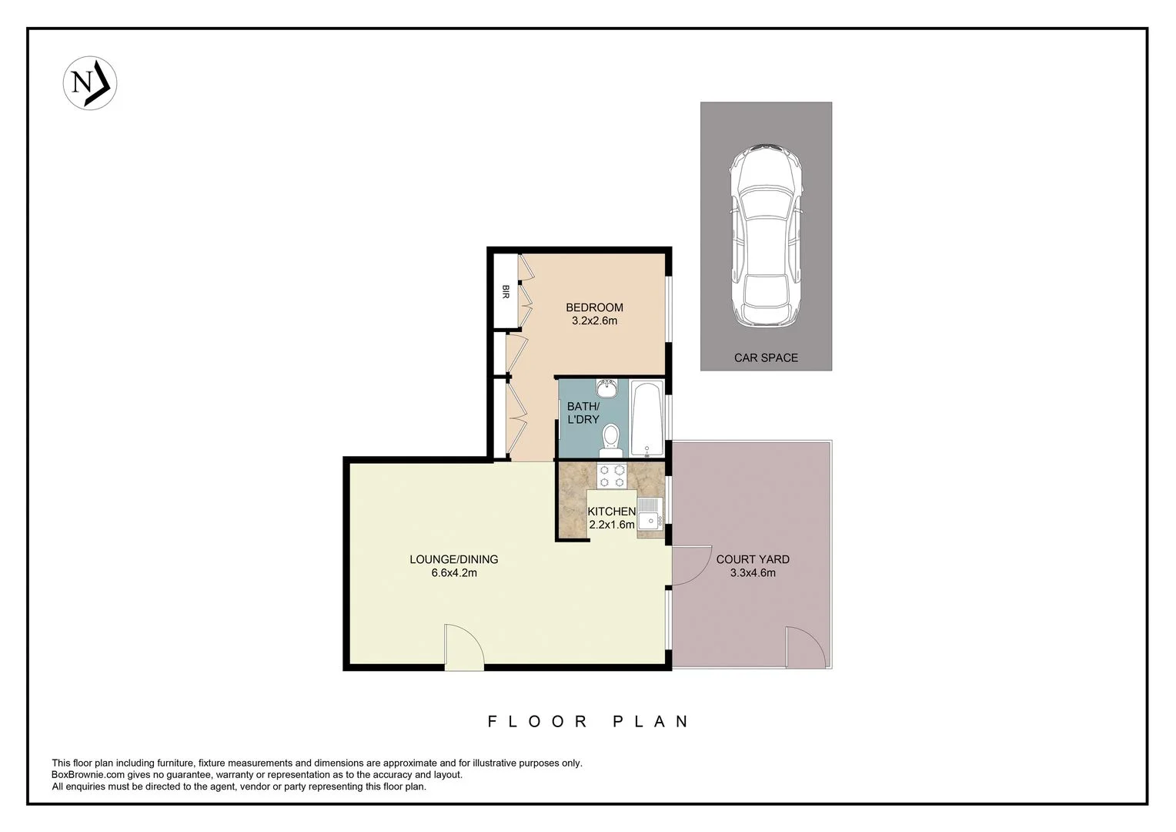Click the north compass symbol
click(x=89, y=82)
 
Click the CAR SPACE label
click(x=766, y=357)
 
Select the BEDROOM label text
click(x=594, y=307)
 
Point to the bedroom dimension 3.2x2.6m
click(x=594, y=320)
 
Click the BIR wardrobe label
click(x=506, y=291)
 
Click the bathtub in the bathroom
click(x=646, y=419)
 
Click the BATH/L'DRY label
click(x=583, y=413)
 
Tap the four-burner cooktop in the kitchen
click(x=613, y=476)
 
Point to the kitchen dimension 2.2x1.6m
click(x=612, y=525)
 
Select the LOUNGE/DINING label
click(x=454, y=559)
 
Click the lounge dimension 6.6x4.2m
click(x=454, y=572)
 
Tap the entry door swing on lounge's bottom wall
click(x=463, y=647)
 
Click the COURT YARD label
click(x=753, y=559)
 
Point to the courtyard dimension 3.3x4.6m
click(x=753, y=572)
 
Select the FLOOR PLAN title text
click(x=589, y=722)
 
